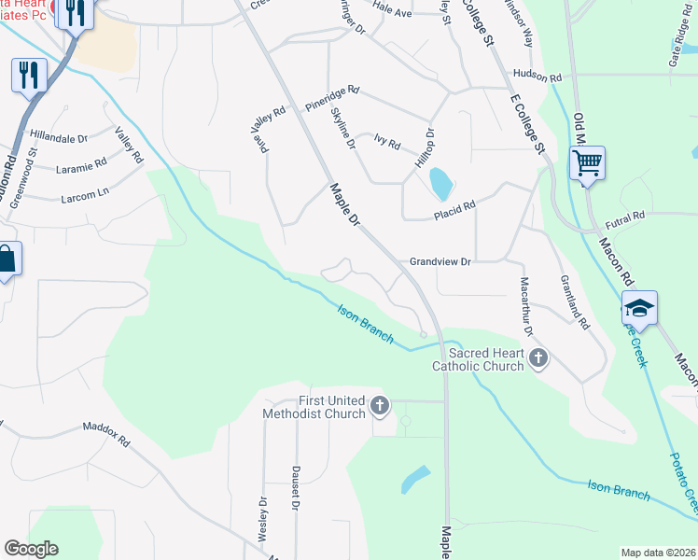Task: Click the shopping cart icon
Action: tap(587, 164)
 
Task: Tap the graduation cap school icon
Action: tap(640, 309)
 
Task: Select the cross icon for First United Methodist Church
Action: tap(379, 406)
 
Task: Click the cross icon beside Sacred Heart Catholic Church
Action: tap(537, 357)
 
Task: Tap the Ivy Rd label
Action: tap(386, 144)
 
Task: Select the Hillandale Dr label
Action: tap(58, 136)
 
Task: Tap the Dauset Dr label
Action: tap(295, 487)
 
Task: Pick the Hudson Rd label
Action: tap(536, 77)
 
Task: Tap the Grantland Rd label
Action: tap(575, 303)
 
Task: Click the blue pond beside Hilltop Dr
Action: tap(438, 183)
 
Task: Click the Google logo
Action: tap(31, 549)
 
